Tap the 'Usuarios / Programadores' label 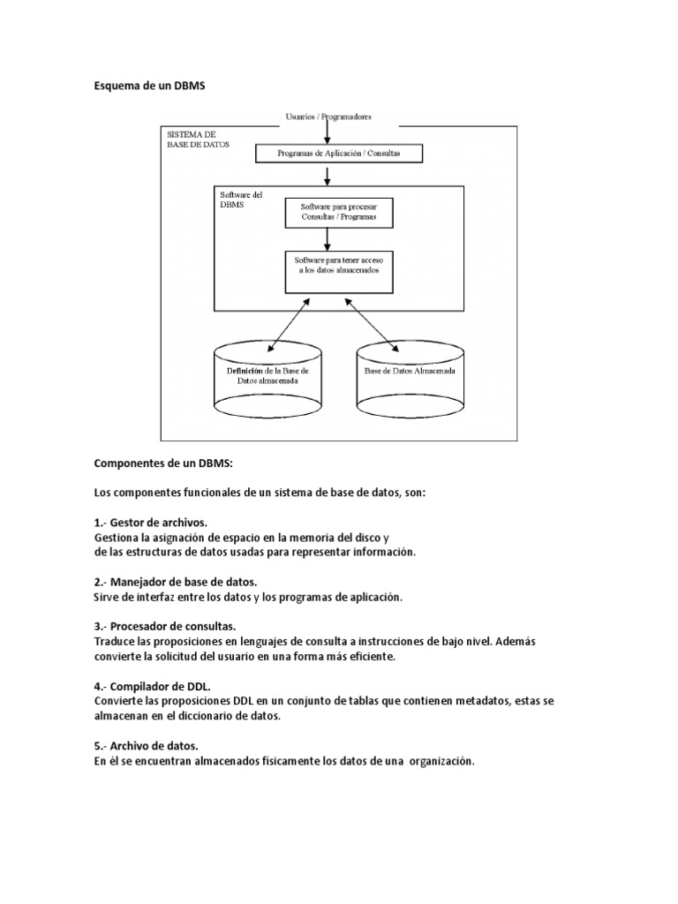click(x=328, y=117)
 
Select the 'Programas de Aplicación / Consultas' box click(x=338, y=154)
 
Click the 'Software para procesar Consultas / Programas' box click(x=338, y=212)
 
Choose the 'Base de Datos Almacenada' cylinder click(x=410, y=380)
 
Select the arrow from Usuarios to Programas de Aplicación click(x=328, y=133)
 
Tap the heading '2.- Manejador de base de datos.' click(x=175, y=582)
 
